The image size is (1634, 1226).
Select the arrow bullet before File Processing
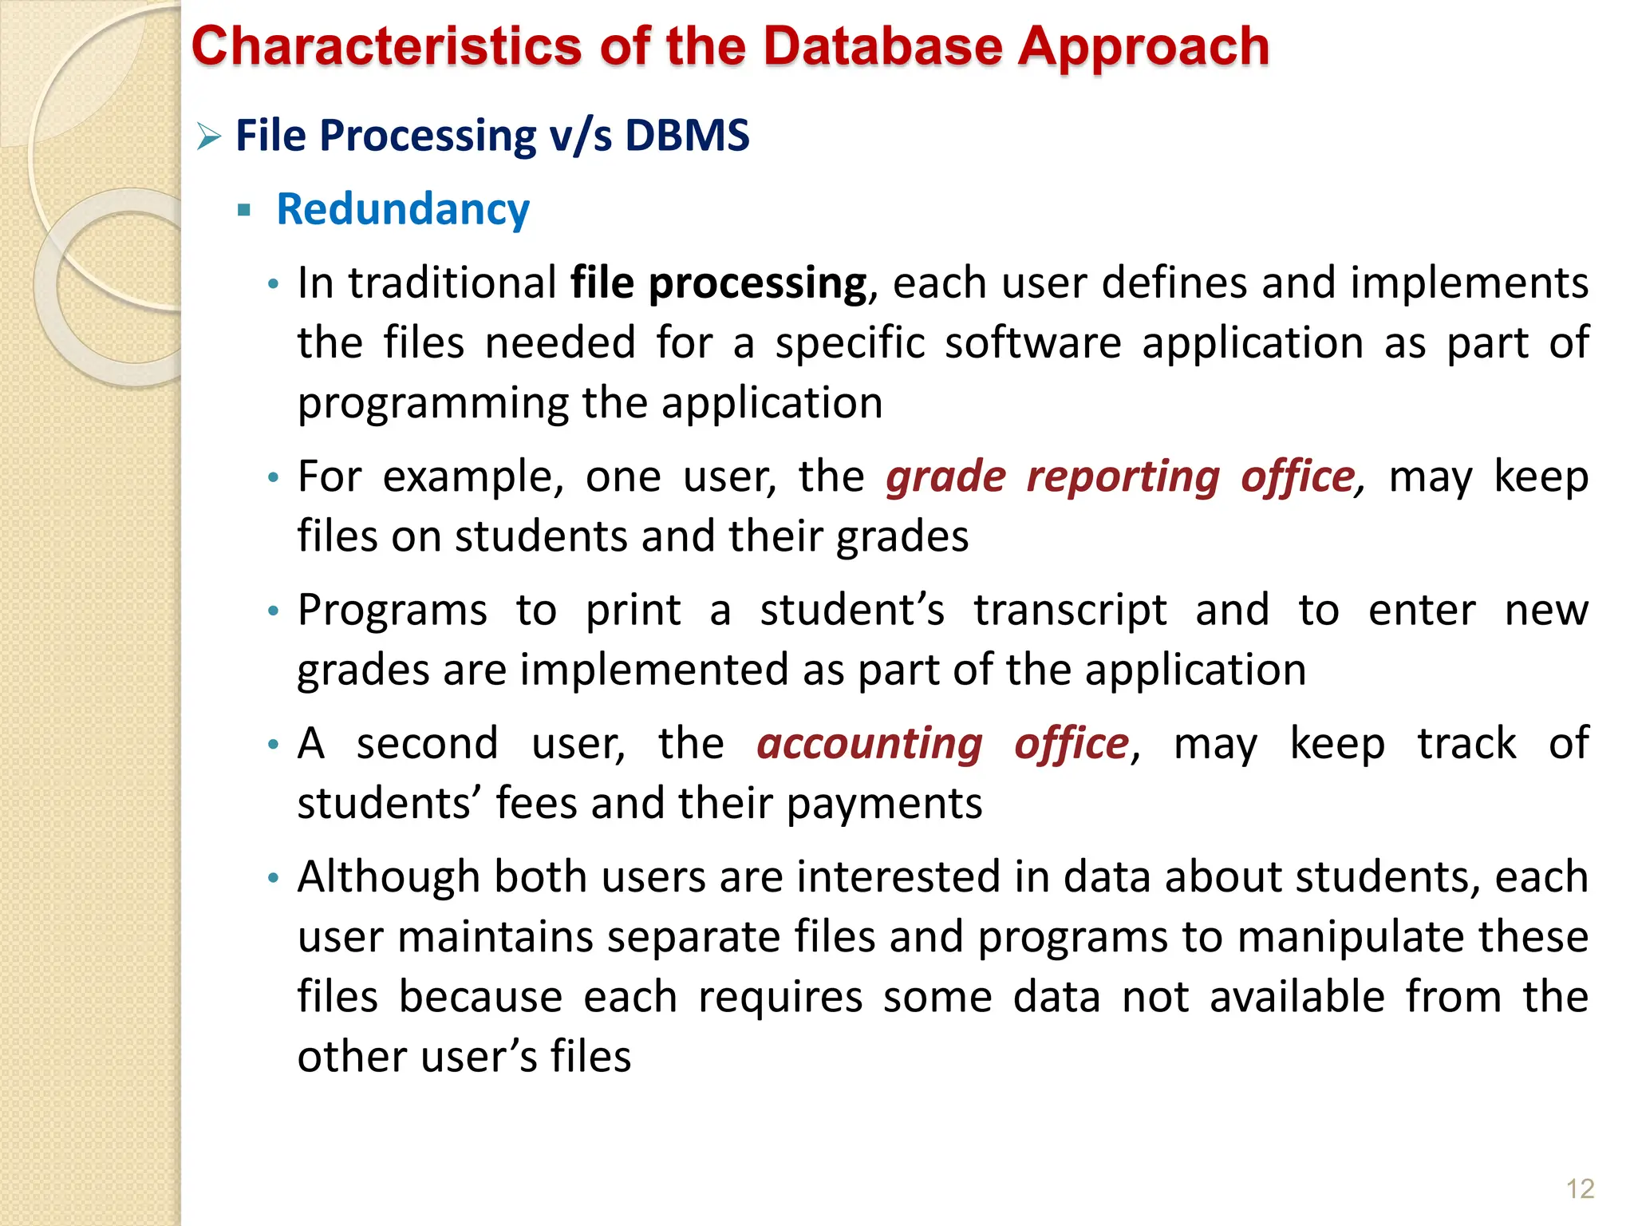[x=209, y=137]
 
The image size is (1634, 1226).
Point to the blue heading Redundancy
[x=402, y=210]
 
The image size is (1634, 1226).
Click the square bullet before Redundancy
[x=244, y=212]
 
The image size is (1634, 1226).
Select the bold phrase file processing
[x=718, y=283]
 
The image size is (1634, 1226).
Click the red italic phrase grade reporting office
[x=1121, y=477]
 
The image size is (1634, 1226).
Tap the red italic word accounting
[x=869, y=744]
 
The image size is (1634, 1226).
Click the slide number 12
[x=1579, y=1189]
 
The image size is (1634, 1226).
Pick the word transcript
[x=1070, y=611]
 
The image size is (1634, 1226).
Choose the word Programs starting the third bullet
[x=392, y=611]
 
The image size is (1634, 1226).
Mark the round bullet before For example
[x=274, y=478]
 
